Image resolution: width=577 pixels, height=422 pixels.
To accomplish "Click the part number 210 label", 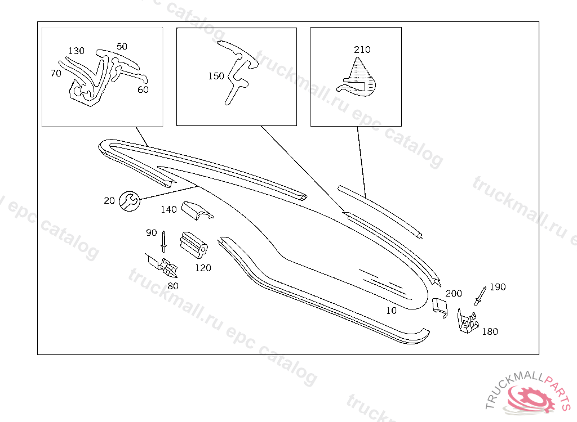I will pyautogui.click(x=362, y=50).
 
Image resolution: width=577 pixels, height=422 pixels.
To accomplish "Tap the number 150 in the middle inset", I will pyautogui.click(x=216, y=76).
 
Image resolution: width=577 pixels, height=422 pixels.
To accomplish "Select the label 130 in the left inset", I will pyautogui.click(x=76, y=51).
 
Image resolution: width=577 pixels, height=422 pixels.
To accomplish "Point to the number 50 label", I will pyautogui.click(x=122, y=46).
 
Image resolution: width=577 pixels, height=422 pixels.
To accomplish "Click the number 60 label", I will pyautogui.click(x=143, y=89).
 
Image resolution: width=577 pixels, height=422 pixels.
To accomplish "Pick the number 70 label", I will pyautogui.click(x=55, y=73).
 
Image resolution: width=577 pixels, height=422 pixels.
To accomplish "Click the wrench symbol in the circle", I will pyautogui.click(x=129, y=201).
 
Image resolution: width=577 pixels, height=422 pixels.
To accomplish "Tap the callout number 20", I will pyautogui.click(x=109, y=200).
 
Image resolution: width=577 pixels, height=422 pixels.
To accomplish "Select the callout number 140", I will pyautogui.click(x=168, y=209).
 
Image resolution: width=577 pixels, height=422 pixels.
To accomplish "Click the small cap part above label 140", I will pyautogui.click(x=196, y=210).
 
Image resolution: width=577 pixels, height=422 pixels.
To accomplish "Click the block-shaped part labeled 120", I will pyautogui.click(x=194, y=246).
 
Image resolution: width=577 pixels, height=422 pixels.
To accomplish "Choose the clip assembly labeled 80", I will pyautogui.click(x=165, y=267).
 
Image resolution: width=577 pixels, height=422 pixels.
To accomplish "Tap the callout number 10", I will pyautogui.click(x=391, y=310).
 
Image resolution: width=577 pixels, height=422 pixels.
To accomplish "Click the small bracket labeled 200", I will pyautogui.click(x=439, y=307).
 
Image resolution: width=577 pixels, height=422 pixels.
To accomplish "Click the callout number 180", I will pyautogui.click(x=490, y=331).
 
